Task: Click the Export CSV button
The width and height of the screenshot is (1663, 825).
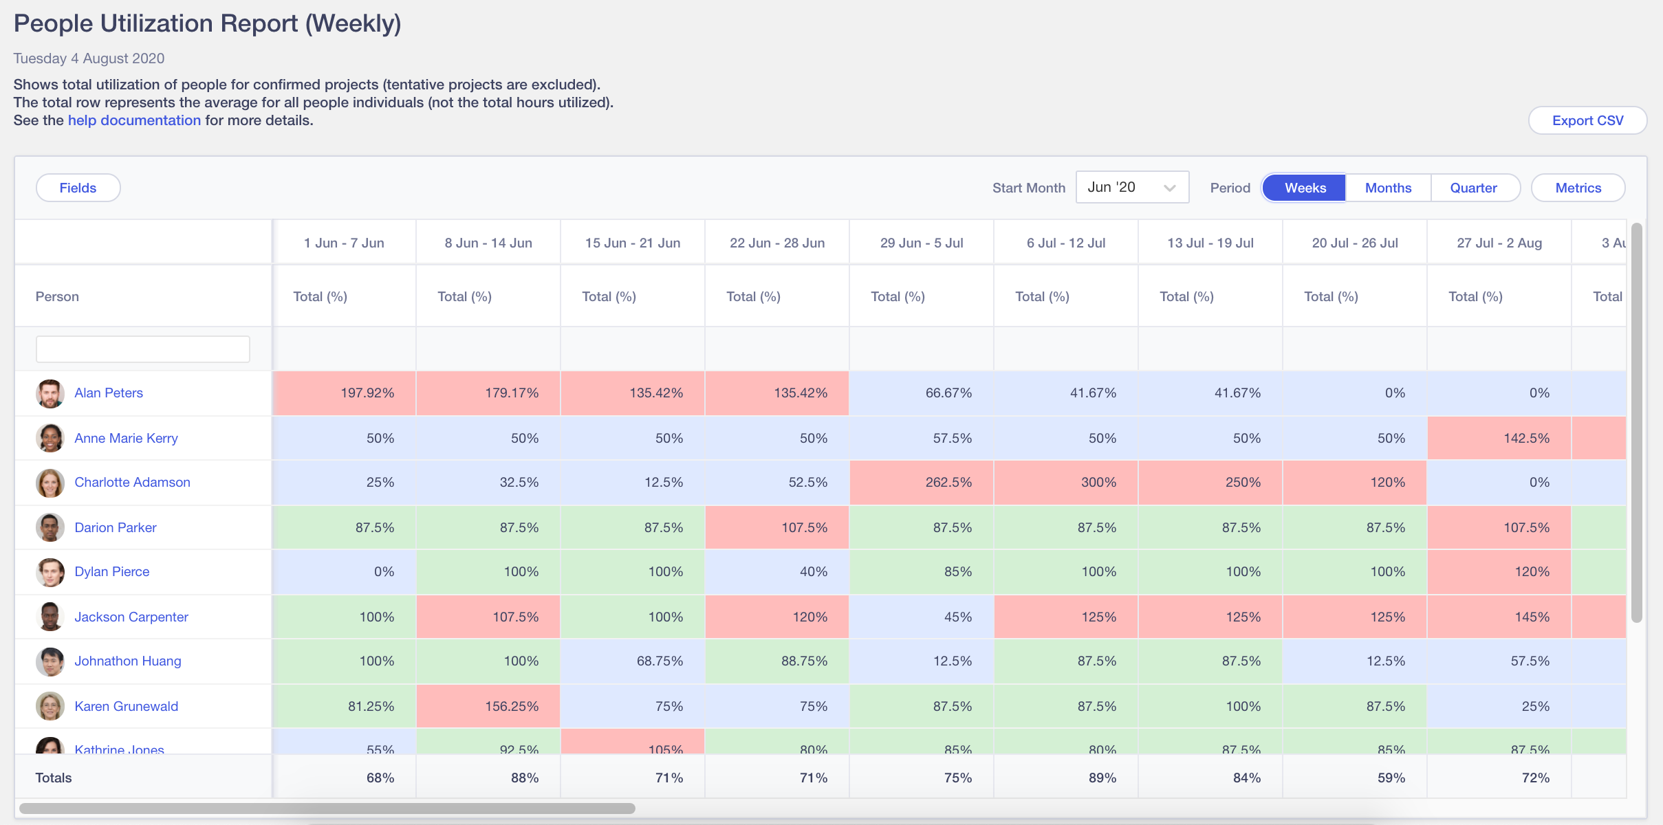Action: coord(1587,120)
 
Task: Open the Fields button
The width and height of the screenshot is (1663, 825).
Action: coord(78,188)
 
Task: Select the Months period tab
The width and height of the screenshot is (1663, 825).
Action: coord(1388,188)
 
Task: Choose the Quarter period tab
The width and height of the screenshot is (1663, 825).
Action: coord(1473,188)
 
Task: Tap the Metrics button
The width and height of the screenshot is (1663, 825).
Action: coord(1578,188)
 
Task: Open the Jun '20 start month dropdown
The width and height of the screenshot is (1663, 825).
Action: coord(1132,187)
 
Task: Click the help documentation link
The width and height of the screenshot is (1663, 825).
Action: coord(134,120)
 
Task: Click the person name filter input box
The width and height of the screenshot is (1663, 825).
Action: coord(142,349)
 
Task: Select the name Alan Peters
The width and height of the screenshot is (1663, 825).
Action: coord(109,393)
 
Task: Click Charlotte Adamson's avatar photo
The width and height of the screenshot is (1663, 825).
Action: coord(50,483)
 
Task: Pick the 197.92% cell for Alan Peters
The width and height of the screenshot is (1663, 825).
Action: coord(345,393)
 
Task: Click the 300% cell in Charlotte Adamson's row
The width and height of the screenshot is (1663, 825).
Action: coord(1066,482)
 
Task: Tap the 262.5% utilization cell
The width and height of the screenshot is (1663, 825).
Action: coord(922,482)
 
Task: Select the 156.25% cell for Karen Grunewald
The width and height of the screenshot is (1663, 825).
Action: coord(488,706)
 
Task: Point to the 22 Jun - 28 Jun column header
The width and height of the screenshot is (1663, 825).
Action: coord(777,243)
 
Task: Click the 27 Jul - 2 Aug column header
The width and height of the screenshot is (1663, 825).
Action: coord(1499,243)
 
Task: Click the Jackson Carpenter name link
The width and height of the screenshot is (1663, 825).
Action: coord(131,617)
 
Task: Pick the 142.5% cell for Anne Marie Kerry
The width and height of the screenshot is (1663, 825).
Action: coord(1499,438)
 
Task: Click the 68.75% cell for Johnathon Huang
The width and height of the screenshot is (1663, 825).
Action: coord(633,661)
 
